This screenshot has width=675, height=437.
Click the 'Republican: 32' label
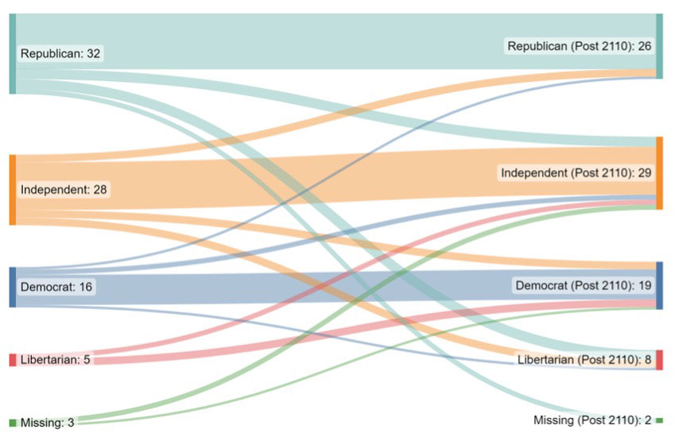[x=61, y=54]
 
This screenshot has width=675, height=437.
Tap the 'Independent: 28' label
[x=64, y=189]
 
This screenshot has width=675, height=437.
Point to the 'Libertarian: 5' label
[x=55, y=359]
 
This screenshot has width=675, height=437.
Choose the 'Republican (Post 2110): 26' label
[x=580, y=46]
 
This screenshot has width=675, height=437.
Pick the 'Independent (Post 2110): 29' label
[x=576, y=172]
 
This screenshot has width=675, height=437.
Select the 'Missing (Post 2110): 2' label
[x=592, y=420]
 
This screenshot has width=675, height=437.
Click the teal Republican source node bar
[x=13, y=53]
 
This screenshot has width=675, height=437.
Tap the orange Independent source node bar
[x=13, y=189]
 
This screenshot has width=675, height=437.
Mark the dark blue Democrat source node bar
[x=13, y=287]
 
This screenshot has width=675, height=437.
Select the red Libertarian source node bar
[x=13, y=360]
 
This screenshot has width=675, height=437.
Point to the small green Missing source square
[x=13, y=423]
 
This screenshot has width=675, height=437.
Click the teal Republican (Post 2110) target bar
[x=659, y=45]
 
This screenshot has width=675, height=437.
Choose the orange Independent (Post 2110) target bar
[x=659, y=173]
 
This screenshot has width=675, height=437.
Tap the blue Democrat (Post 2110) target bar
[x=659, y=285]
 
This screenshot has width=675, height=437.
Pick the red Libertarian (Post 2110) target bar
[x=659, y=360]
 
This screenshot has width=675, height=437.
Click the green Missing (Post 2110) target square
[x=659, y=420]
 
